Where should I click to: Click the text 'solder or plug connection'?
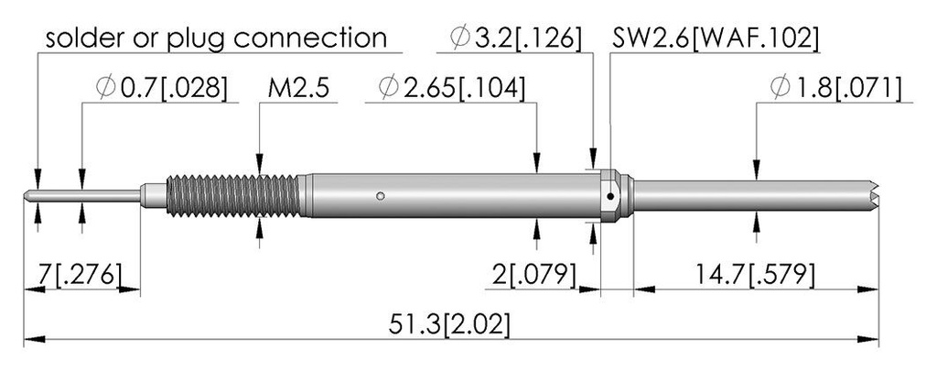(x=216, y=38)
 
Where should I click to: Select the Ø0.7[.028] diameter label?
(x=161, y=89)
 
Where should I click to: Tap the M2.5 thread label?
(x=298, y=89)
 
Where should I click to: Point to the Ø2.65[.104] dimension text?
(x=452, y=89)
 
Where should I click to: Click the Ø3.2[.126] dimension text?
(x=516, y=38)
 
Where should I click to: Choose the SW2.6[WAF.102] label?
(x=716, y=38)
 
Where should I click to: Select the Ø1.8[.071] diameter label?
(x=835, y=89)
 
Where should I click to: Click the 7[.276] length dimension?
(x=81, y=275)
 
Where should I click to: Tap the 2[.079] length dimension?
(x=534, y=275)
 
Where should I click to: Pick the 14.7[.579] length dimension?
(x=754, y=275)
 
